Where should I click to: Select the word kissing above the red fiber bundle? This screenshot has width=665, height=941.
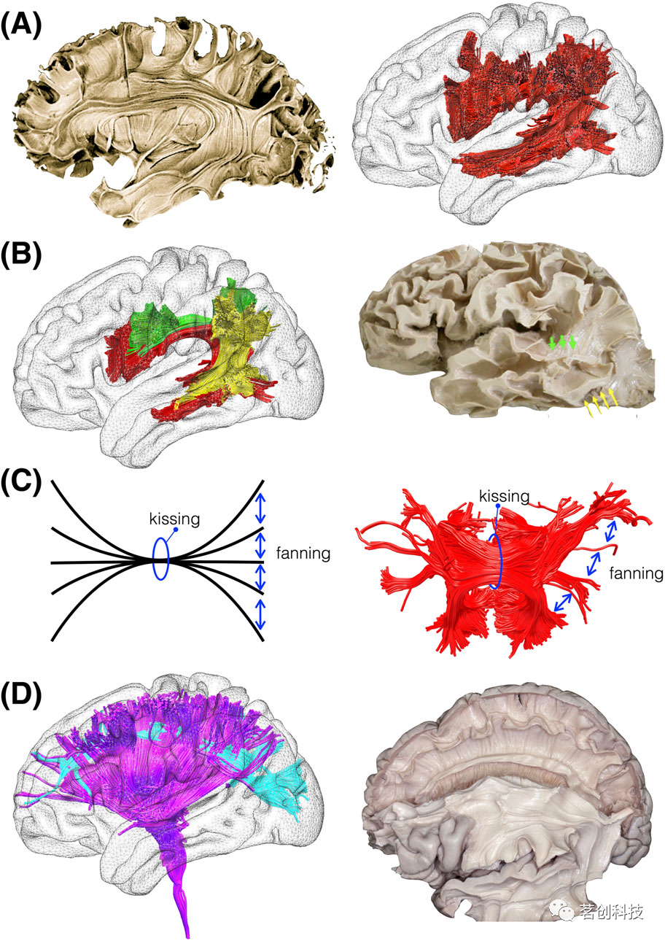503,496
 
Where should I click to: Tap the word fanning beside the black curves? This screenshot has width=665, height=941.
303,554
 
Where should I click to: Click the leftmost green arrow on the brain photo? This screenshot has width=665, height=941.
552,341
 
